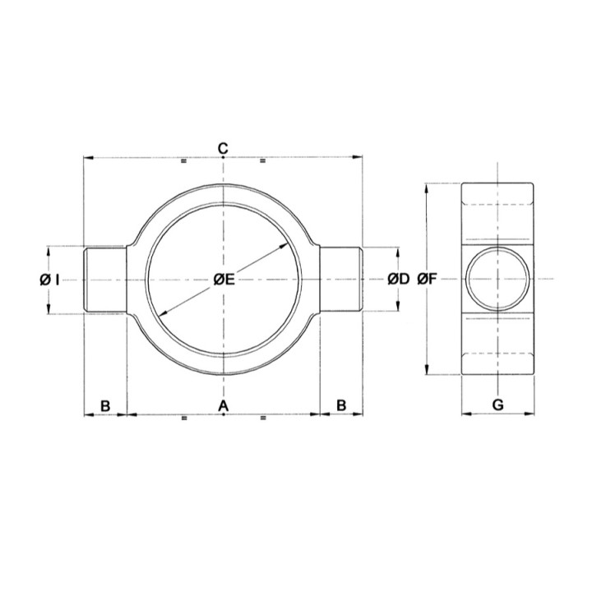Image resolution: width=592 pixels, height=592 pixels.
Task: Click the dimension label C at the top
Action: [x=223, y=148]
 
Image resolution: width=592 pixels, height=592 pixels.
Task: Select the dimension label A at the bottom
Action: [x=224, y=405]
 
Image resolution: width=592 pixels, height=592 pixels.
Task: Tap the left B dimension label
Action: [x=105, y=406]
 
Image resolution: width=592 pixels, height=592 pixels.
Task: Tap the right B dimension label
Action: [x=341, y=405]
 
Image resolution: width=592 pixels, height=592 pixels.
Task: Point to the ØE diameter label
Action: [x=224, y=280]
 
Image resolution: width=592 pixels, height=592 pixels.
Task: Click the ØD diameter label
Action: [x=399, y=280]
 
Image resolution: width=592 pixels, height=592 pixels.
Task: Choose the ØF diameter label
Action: [x=427, y=280]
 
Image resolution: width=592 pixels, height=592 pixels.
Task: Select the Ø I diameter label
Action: [x=49, y=280]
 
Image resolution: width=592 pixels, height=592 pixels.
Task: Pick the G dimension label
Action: [x=498, y=405]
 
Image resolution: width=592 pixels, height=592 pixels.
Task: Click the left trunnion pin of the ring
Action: [x=104, y=280]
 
